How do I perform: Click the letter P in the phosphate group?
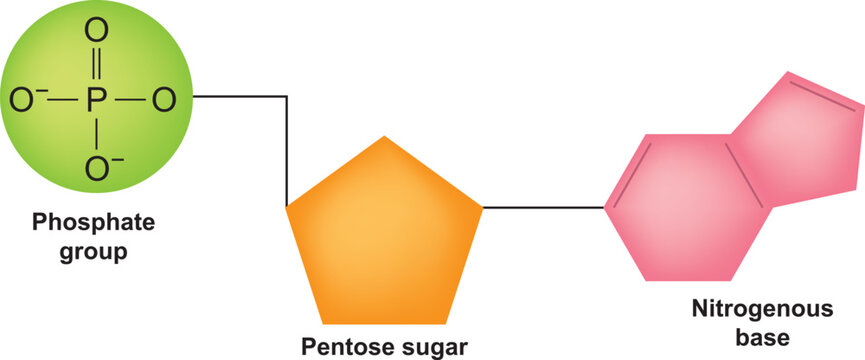click(x=96, y=100)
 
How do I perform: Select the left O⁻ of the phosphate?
click(x=22, y=100)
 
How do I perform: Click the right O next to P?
click(x=165, y=100)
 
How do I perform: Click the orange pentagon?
click(x=385, y=240)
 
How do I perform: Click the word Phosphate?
click(x=81, y=223)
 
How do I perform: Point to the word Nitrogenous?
click(x=762, y=311)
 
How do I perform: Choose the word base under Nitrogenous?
click(x=762, y=338)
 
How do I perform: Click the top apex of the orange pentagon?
click(x=384, y=138)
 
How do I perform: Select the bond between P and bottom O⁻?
click(x=96, y=134)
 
